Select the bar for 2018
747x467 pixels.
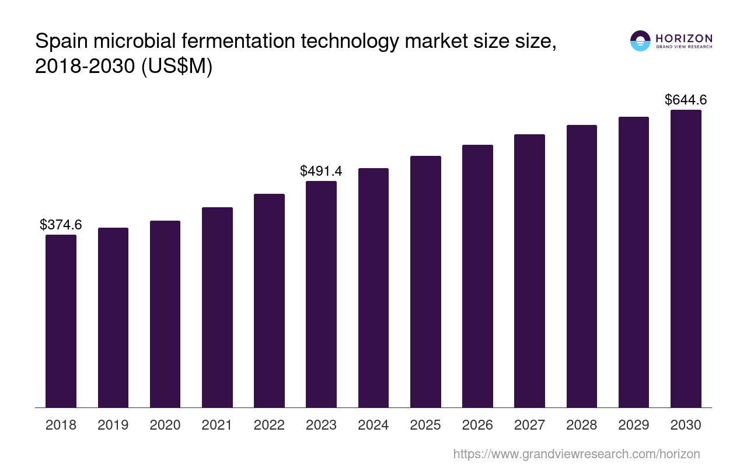click(61, 321)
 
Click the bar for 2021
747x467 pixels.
click(217, 307)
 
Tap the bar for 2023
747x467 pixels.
click(321, 294)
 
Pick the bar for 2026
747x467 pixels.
click(477, 276)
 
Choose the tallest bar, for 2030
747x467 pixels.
click(686, 259)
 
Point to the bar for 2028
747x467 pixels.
click(581, 266)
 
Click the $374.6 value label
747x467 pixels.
click(61, 225)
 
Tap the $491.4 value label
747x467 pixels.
click(321, 171)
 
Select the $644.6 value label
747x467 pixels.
click(686, 100)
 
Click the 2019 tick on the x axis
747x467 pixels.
click(113, 425)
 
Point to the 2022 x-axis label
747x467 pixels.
click(269, 425)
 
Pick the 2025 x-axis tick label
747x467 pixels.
click(425, 425)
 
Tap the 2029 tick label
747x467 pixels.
click(634, 425)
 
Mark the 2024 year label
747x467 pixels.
click(373, 425)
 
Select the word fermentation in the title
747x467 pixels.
click(251, 41)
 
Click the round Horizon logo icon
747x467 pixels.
click(640, 41)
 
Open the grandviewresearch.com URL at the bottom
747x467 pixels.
click(576, 454)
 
